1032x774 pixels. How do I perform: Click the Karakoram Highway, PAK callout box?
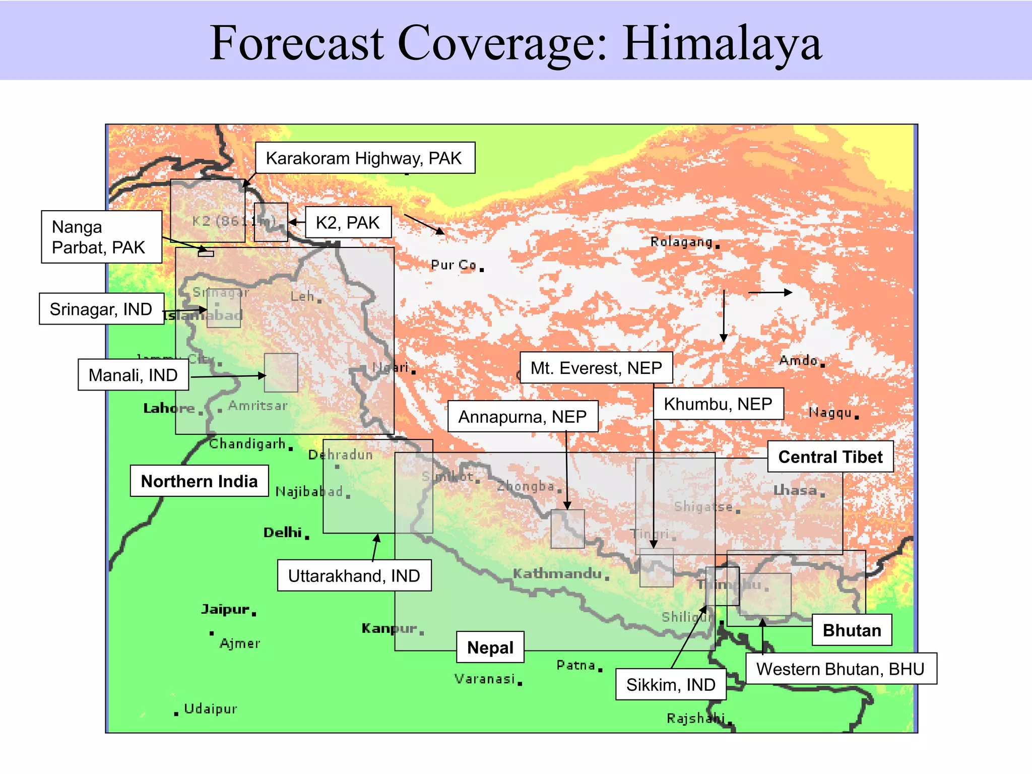(365, 158)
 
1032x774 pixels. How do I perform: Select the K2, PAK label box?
(348, 222)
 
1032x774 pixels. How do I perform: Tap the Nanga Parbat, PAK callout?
(101, 237)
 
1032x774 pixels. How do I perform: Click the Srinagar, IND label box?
(101, 309)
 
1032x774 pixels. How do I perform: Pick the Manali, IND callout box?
(133, 375)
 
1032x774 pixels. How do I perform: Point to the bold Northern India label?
(199, 481)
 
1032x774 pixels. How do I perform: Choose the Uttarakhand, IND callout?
(354, 575)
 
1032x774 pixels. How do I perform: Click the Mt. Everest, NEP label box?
(596, 368)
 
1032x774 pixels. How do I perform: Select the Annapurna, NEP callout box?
(523, 417)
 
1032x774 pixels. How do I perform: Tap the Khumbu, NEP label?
(718, 404)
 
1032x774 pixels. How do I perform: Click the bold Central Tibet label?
(830, 457)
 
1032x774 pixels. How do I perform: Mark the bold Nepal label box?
(490, 648)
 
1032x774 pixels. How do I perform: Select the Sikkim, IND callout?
(671, 684)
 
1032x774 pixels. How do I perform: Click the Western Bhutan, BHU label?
(841, 669)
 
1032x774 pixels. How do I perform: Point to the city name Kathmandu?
(557, 573)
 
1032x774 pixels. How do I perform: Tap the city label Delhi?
(283, 533)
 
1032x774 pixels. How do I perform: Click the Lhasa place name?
(795, 490)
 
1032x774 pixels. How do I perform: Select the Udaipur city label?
(210, 709)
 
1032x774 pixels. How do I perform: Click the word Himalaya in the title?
(722, 43)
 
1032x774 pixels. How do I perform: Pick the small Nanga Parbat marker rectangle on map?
(206, 254)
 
